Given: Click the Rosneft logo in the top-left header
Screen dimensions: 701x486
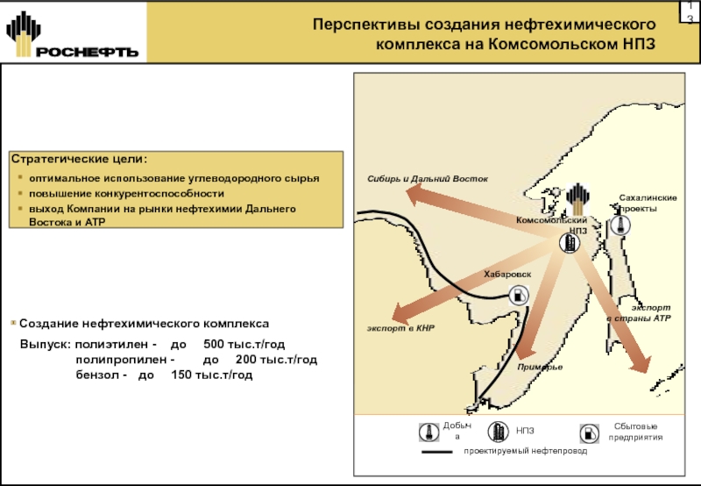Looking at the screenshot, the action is click(x=73, y=35).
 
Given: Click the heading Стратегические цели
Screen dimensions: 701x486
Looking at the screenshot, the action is click(x=79, y=160).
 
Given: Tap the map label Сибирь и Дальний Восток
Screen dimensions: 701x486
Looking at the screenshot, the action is click(x=427, y=180).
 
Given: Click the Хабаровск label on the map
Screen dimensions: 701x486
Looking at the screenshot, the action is click(x=507, y=275).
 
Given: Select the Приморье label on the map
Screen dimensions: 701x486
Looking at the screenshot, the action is click(x=540, y=367).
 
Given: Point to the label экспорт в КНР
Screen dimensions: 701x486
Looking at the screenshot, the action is click(x=400, y=328).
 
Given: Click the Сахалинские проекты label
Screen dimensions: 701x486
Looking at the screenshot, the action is click(x=648, y=204).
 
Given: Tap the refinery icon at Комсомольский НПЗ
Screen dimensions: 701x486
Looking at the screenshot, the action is click(x=570, y=243).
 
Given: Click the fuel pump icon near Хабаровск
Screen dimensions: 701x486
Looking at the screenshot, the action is click(x=519, y=295).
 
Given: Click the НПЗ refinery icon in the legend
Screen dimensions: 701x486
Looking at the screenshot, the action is click(x=498, y=432).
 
